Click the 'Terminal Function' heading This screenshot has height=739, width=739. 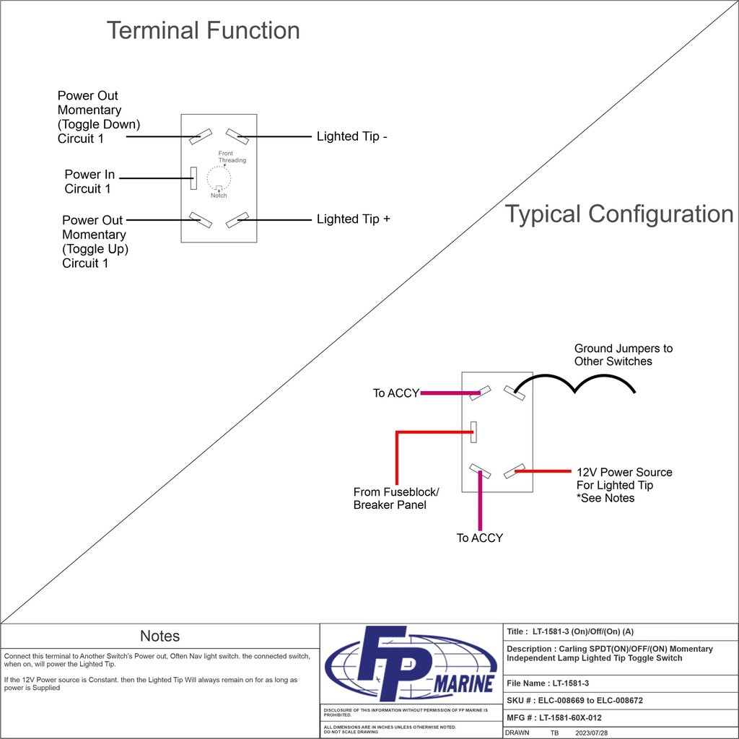click(203, 30)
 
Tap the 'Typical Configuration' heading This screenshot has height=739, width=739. click(618, 214)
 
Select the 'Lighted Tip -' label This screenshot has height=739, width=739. click(352, 136)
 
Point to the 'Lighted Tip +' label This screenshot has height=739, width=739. click(354, 219)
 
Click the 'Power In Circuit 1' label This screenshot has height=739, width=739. click(89, 182)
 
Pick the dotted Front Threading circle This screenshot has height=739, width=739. click(219, 178)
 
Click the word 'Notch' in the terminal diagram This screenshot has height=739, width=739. click(219, 196)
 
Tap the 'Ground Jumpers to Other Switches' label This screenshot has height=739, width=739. click(623, 355)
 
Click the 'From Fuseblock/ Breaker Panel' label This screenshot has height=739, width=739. click(395, 499)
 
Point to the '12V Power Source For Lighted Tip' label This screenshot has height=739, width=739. click(624, 485)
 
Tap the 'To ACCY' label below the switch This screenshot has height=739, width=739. click(480, 538)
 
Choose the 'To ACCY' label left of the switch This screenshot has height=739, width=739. click(395, 393)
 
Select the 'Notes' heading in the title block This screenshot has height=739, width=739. click(159, 636)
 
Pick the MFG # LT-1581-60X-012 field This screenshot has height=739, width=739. click(554, 717)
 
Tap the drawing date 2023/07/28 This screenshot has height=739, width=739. click(592, 732)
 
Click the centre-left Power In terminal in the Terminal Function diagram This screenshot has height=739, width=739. click(193, 178)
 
